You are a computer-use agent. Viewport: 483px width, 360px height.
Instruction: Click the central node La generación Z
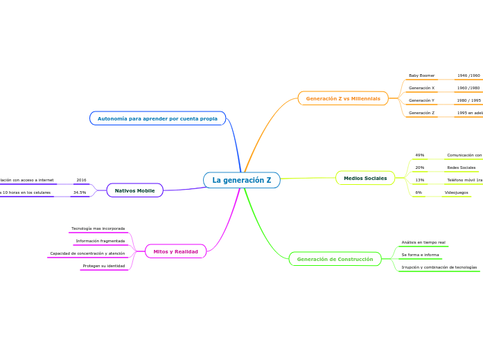coord(242,181)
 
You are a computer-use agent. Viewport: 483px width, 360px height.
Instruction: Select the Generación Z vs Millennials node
coord(343,98)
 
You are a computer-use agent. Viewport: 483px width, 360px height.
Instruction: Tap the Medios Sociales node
coord(365,178)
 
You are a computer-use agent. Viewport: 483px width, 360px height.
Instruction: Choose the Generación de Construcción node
coord(335,260)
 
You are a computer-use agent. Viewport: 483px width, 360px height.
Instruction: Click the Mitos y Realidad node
coord(175,251)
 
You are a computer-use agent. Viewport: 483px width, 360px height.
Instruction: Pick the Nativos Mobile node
coord(134,190)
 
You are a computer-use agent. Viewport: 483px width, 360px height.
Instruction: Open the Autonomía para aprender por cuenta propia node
coord(157,118)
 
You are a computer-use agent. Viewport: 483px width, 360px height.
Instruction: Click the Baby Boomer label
coord(421,75)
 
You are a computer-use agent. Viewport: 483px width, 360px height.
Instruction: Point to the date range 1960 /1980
coord(468,88)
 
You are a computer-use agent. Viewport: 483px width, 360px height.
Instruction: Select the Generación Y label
coord(421,100)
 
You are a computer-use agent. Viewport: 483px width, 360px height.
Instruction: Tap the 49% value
coord(419,155)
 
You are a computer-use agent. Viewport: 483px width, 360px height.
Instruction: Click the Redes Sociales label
coord(462,168)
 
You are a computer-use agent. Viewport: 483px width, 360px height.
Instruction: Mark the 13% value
coord(419,180)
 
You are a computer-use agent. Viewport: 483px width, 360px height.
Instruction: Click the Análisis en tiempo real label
coord(423,242)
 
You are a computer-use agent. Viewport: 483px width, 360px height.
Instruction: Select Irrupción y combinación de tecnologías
coord(439,267)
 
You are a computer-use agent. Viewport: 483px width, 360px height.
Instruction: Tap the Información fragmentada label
coord(100,241)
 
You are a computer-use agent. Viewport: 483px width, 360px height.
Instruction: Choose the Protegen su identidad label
coord(104,266)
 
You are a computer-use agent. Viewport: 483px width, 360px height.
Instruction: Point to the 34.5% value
coord(80,192)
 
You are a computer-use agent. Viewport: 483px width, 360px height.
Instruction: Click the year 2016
coord(81,180)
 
